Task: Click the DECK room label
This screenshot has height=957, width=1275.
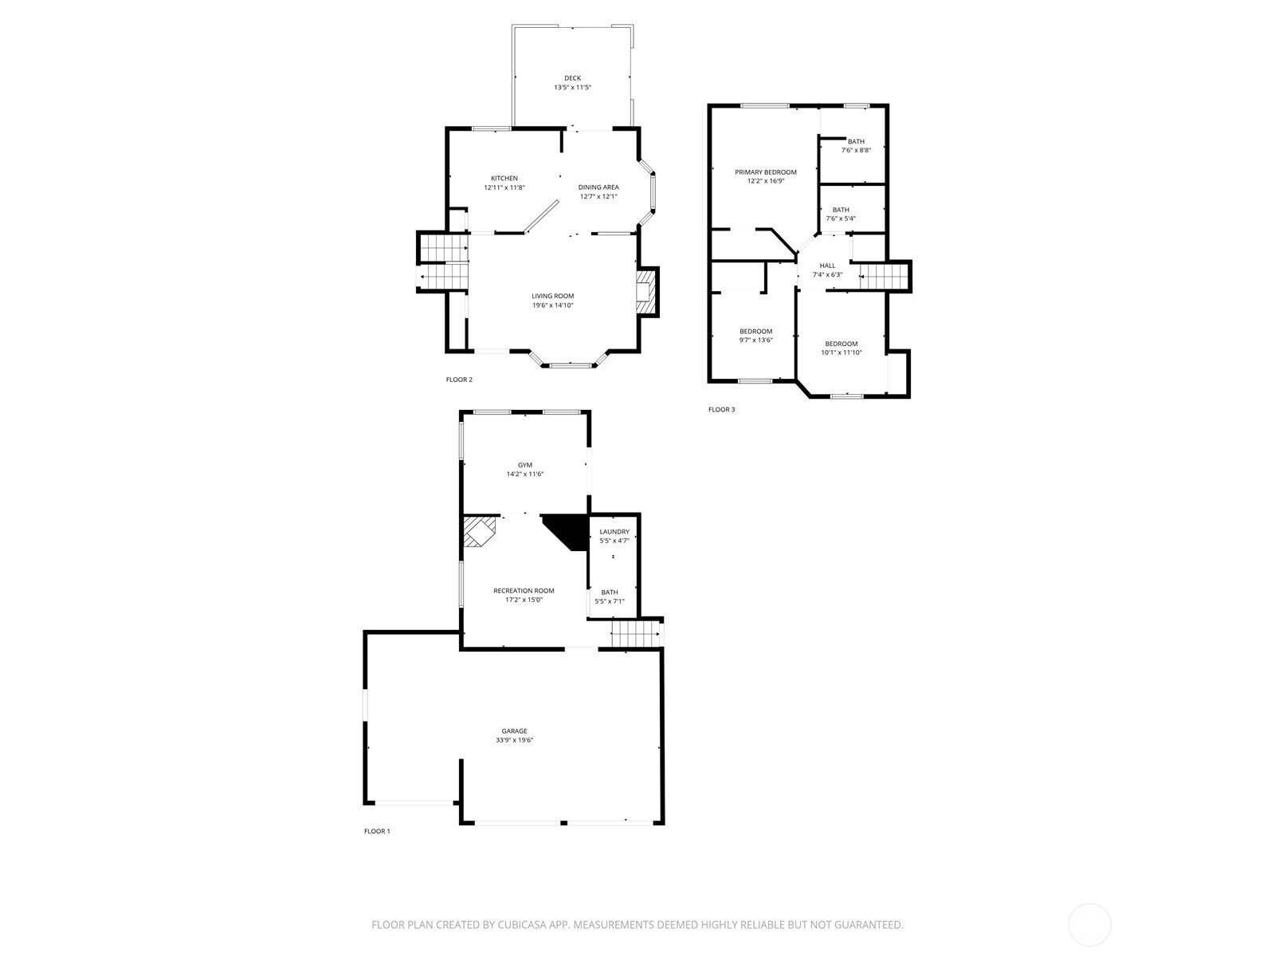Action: tap(572, 78)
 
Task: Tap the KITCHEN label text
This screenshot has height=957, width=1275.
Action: tap(504, 179)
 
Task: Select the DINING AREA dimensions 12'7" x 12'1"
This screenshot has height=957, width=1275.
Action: tap(598, 196)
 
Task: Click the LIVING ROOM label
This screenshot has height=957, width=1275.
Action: tap(552, 296)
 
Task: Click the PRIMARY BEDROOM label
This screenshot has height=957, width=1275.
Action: tap(766, 172)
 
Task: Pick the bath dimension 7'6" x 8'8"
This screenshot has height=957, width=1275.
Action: tap(856, 151)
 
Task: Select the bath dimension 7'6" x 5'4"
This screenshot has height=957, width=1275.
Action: tap(841, 219)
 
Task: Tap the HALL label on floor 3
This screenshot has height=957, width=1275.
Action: tap(827, 266)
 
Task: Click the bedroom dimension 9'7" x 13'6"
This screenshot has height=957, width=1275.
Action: tap(755, 341)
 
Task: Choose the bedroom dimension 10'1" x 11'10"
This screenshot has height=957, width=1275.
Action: tap(841, 352)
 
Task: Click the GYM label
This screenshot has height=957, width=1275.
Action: tap(525, 465)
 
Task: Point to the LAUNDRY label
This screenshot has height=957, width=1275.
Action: tap(614, 532)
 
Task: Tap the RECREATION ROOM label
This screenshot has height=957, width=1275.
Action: tap(524, 591)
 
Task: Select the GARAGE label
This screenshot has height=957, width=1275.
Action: tap(515, 731)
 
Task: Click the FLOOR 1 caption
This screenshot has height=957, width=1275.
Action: tap(377, 832)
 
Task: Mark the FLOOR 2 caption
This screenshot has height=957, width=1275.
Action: tap(459, 380)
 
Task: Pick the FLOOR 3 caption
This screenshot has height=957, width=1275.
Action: tap(721, 410)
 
